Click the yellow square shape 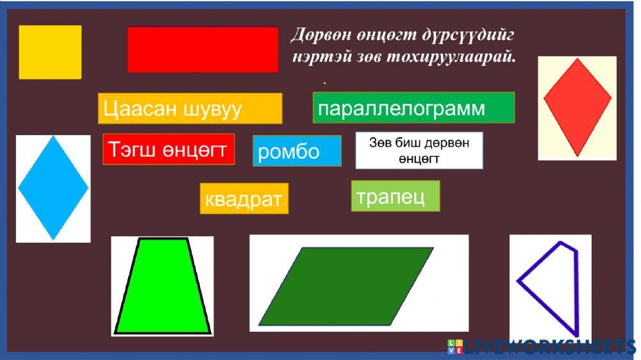pos(50,52)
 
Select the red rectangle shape pos(203,49)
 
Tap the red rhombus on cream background pos(577,102)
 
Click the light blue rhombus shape pos(53,188)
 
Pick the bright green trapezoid pos(162,287)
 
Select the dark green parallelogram pos(346,286)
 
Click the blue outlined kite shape pos(553,285)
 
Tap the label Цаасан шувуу pos(190,108)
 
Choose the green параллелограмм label pos(413,108)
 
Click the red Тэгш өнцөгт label pos(169,149)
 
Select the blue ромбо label pos(297,151)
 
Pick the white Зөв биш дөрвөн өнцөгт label pos(419,151)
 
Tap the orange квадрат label pos(244,199)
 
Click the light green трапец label pos(395,196)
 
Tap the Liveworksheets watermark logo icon pos(455,347)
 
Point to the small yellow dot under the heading pos(325,83)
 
